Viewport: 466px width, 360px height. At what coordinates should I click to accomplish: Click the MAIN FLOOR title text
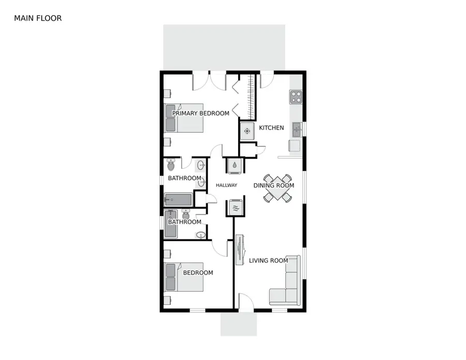point(38,18)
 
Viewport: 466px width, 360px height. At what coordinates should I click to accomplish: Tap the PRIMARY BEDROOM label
point(200,113)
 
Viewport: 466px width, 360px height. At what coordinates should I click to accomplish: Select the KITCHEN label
point(271,128)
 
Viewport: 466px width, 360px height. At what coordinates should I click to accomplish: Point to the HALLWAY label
point(226,185)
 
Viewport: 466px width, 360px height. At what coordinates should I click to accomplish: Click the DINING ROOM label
point(274,185)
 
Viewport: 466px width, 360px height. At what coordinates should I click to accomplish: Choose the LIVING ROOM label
point(268,261)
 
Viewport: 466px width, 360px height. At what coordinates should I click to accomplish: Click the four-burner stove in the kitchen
point(296,97)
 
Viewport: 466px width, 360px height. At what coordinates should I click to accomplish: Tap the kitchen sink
point(297,129)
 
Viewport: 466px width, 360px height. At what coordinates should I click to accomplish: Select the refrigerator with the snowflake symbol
point(247,131)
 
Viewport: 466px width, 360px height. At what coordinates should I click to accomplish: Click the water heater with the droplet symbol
point(235,165)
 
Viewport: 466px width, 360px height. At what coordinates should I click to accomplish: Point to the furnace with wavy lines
point(236,207)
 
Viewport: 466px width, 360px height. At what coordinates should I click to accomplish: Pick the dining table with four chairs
point(278,188)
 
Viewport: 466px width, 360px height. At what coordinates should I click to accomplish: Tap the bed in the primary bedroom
point(184,118)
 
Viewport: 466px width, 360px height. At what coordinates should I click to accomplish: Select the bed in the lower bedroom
point(184,277)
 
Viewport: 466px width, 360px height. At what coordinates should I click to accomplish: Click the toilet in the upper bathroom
point(171,165)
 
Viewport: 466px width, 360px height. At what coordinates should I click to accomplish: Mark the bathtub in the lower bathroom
point(170,224)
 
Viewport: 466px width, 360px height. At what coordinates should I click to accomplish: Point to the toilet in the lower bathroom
point(186,214)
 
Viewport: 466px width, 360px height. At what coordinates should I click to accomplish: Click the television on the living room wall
point(240,250)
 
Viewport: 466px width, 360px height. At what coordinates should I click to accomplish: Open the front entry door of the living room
point(246,302)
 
